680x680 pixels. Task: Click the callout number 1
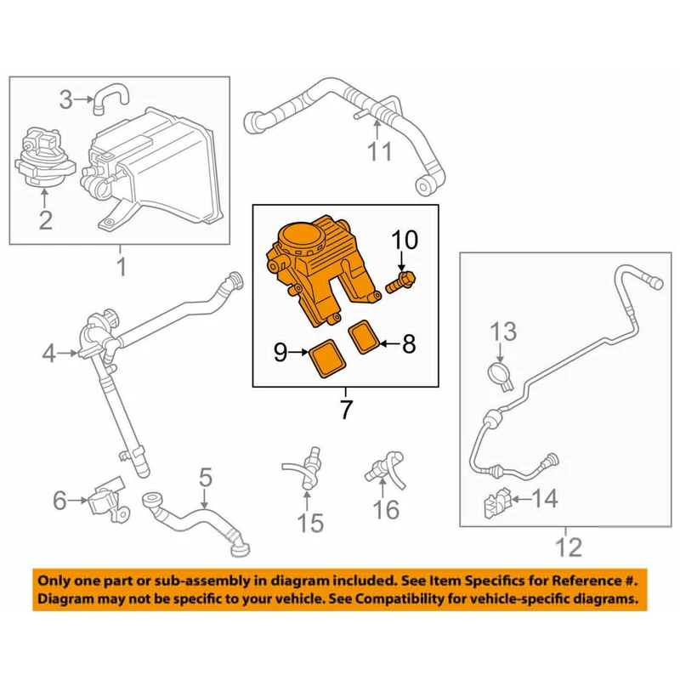pos(121,268)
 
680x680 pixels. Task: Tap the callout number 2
pos(44,220)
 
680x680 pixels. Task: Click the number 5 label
pos(204,478)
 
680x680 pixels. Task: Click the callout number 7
pos(346,410)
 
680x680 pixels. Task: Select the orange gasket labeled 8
pos(365,337)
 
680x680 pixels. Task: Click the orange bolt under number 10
pos(399,282)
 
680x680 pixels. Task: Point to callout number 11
pos(380,152)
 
